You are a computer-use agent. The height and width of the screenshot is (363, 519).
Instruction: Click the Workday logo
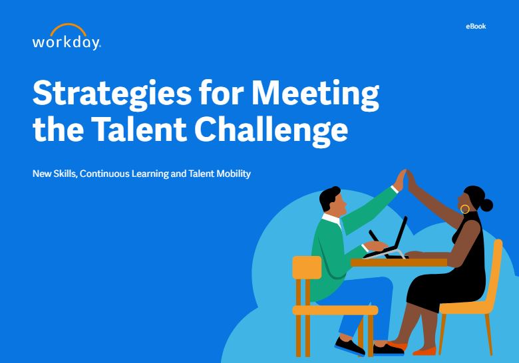[x=67, y=37]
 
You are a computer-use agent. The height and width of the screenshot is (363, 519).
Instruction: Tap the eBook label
[x=476, y=27]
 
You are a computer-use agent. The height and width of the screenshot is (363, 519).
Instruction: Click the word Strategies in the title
[x=112, y=94]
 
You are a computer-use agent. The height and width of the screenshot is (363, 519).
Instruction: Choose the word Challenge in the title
[x=271, y=130]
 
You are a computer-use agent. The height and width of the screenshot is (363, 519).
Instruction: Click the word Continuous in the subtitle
[x=104, y=174]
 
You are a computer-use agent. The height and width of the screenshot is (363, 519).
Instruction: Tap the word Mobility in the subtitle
[x=234, y=174]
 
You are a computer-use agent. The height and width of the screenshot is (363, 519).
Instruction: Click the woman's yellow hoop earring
[x=464, y=209]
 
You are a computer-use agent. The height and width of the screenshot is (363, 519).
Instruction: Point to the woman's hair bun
[x=486, y=205]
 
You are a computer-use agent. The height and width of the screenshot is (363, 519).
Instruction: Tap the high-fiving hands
[x=406, y=181]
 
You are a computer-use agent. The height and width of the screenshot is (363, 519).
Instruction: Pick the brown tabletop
[x=399, y=263]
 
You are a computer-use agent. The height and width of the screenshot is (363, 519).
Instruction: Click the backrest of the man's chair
[x=307, y=267]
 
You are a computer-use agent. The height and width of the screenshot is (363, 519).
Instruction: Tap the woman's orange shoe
[x=425, y=350]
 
